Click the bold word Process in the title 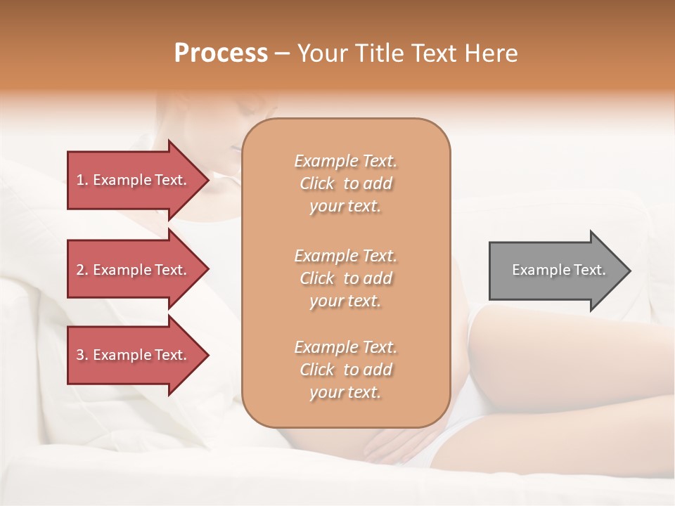(221, 53)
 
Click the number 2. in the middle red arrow (82, 270)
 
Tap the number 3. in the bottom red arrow (82, 355)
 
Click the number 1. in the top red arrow (82, 180)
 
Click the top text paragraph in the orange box (345, 183)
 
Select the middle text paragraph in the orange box (345, 278)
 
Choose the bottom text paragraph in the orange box (345, 370)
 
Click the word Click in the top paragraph (317, 183)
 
